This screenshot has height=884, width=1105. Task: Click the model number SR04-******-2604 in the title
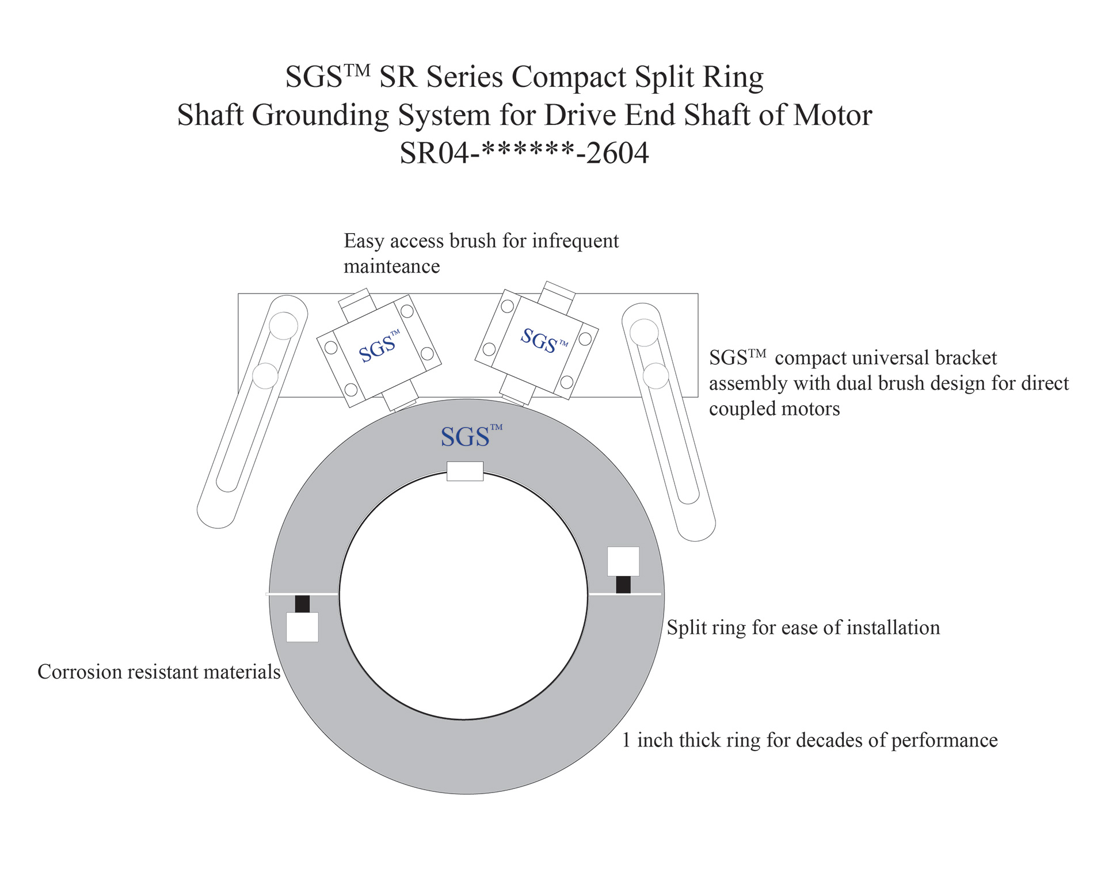point(524,153)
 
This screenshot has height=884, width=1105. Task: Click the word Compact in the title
point(569,77)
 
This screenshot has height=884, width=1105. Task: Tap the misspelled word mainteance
point(391,266)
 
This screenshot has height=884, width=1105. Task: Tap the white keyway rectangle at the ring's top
point(465,471)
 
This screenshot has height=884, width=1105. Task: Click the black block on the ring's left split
point(302,604)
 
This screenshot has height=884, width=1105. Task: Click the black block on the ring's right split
point(623,585)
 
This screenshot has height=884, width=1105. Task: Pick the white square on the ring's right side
point(623,561)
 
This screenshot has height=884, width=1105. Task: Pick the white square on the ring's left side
point(302,627)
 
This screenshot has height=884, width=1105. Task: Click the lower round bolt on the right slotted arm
point(656,376)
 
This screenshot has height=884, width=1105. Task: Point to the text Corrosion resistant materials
point(159,672)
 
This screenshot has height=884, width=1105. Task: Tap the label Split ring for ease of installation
point(803,628)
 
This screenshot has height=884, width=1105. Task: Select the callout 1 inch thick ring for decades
point(809,740)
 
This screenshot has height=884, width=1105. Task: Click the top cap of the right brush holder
point(559,293)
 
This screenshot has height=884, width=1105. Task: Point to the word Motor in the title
point(832,115)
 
